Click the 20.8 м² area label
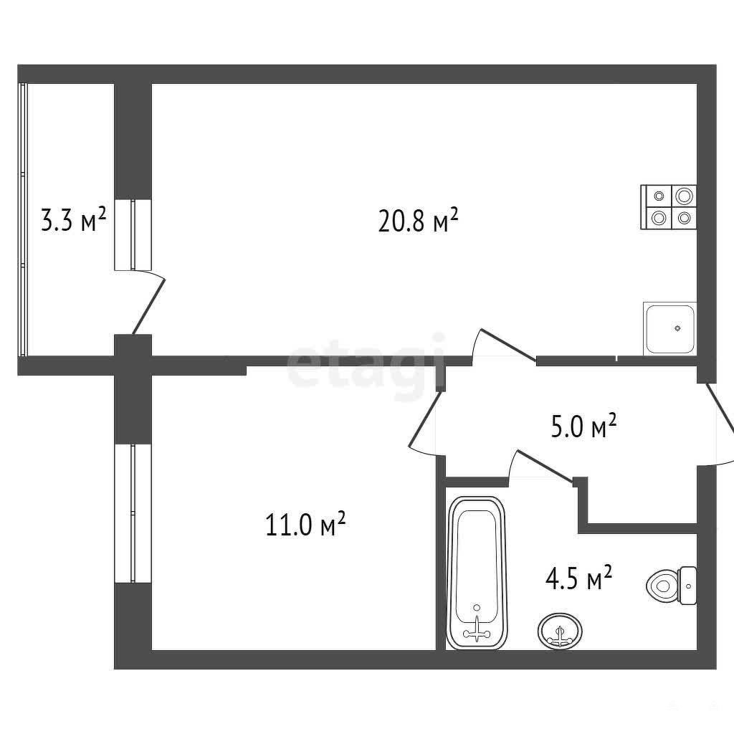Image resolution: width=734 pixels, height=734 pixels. coord(418,221)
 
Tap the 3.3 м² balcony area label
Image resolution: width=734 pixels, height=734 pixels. coord(74,220)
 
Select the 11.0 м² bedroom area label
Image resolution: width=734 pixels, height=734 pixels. coord(305,524)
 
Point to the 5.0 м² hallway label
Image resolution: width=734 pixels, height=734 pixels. coord(583,426)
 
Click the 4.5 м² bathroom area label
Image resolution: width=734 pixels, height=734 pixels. coord(578,578)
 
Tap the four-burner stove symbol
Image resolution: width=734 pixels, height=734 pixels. coord(669,207)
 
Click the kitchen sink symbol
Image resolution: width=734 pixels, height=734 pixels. coord(670,328)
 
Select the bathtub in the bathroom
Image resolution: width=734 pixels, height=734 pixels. coord(477,573)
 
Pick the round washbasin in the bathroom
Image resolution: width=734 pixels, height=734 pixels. coord(561,631)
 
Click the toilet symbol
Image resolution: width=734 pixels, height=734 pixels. coord(672,585)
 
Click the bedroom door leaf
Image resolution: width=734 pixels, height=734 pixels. coord(425,419)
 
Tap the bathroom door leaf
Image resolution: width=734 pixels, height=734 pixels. coord(545,466)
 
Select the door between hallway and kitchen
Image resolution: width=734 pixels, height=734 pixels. coord(508,345)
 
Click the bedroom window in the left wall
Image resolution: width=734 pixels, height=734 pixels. coord(133,513)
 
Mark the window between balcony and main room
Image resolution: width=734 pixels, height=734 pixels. coord(133,234)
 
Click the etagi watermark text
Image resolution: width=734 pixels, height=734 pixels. coord(366,366)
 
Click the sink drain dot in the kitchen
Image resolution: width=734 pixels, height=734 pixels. coord(677,328)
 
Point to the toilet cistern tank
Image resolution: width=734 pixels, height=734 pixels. coord(687,585)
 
